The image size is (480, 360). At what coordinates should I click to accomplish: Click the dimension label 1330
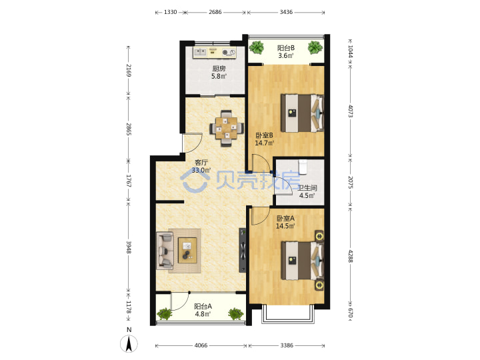coord(170,12)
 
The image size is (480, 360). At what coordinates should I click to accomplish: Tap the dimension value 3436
coord(286,12)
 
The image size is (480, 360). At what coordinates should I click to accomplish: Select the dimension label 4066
coord(201,345)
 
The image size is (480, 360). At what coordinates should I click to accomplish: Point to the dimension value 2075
coord(351,182)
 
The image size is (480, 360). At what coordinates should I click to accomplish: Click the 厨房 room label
coord(219,69)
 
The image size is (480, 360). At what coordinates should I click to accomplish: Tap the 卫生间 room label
coord(307,188)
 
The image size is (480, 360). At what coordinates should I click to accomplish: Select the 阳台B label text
coord(286,48)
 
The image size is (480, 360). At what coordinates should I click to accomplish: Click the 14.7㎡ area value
coord(264,143)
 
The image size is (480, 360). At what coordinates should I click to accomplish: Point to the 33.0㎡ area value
coord(201,170)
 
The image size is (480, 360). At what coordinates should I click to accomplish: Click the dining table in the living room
coord(227,128)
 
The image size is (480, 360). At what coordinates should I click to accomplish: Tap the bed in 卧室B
coord(303,113)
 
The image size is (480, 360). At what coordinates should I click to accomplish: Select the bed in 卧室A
coord(303,261)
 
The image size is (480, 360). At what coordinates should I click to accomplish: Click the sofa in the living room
coord(165,251)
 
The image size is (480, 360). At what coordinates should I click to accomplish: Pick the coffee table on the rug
coord(187,250)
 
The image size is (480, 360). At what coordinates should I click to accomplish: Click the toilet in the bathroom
coord(303,166)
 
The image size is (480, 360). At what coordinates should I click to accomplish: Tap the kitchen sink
coord(201,52)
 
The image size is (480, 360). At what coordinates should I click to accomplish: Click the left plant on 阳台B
coord(257,47)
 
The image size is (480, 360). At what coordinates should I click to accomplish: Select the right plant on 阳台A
coord(236,314)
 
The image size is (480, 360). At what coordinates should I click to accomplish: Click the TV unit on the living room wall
coord(243,250)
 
